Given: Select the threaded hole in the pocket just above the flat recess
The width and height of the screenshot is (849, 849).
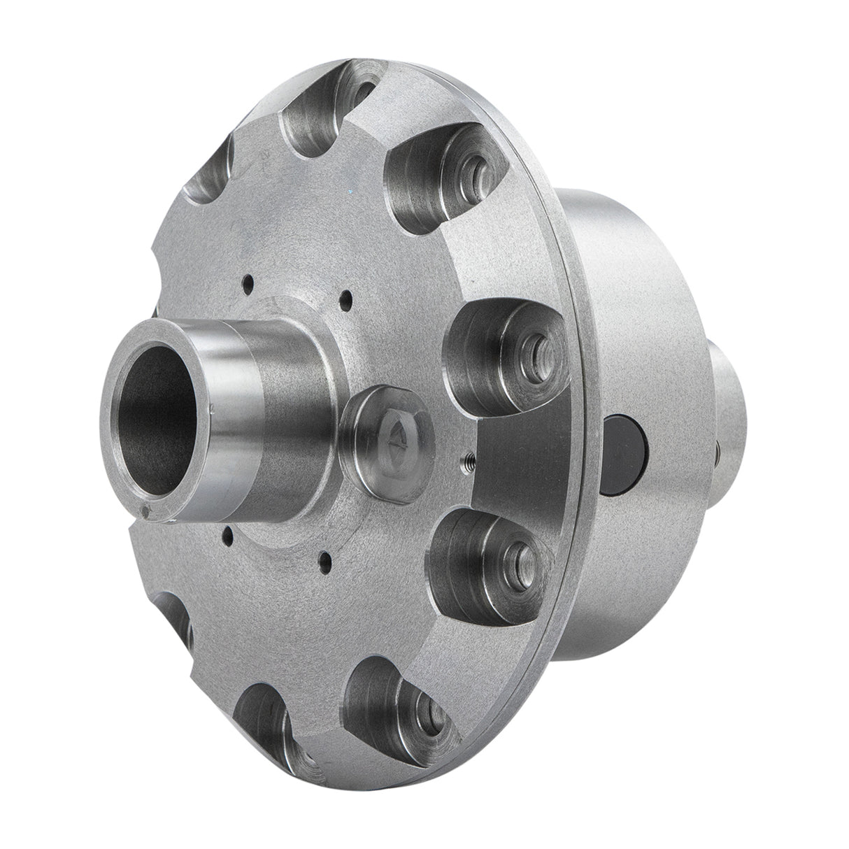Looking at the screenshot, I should click(x=538, y=347).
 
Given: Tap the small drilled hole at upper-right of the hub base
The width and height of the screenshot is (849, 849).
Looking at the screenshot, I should click(x=343, y=301).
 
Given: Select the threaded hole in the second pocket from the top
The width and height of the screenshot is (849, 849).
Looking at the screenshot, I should click(x=478, y=166).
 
